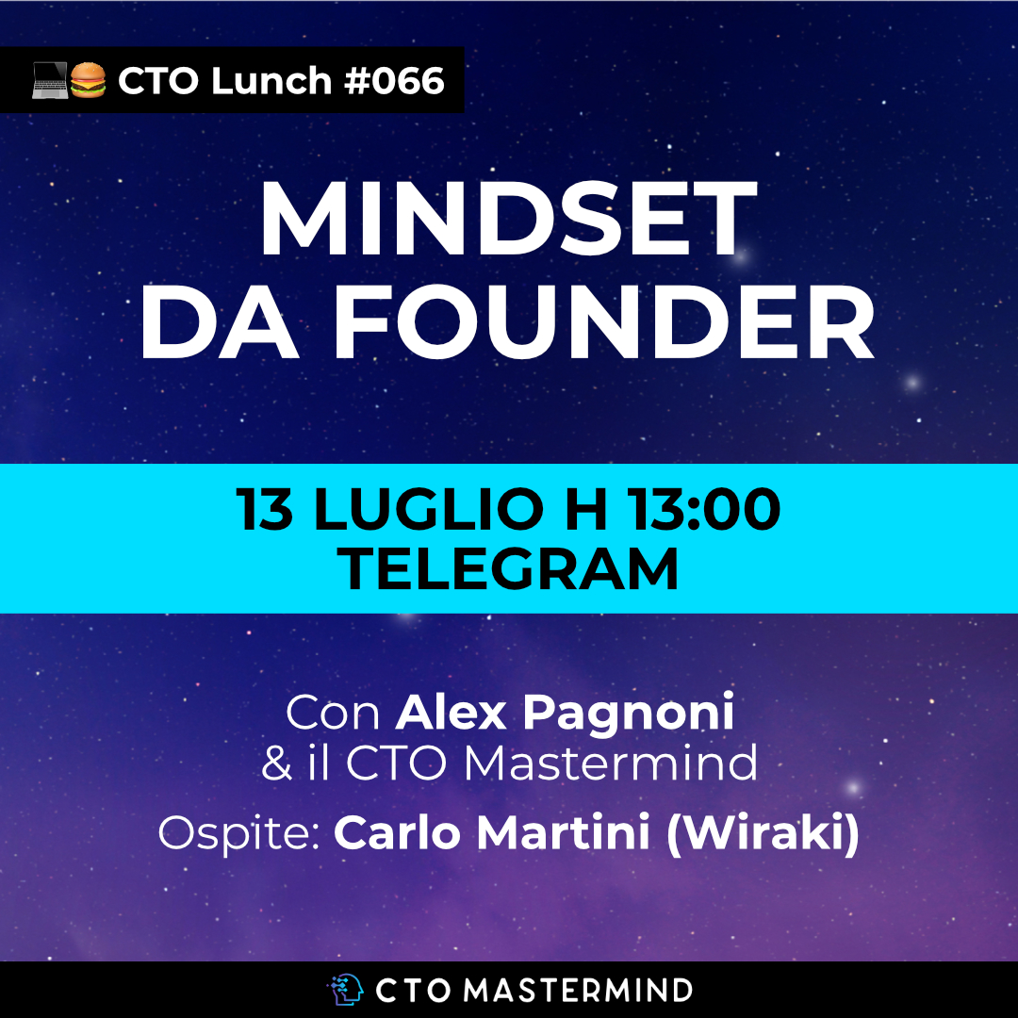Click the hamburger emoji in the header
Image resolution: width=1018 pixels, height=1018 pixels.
88,80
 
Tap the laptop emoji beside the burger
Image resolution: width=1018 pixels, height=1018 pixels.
50,80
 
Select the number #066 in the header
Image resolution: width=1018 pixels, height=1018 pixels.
395,80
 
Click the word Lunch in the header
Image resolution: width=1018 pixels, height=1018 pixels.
271,80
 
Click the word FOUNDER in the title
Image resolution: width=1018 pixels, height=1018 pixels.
604,322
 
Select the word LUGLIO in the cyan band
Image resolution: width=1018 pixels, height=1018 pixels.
429,509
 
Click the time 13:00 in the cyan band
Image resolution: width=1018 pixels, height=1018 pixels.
703,509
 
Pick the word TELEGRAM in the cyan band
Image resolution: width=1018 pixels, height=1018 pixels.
508,568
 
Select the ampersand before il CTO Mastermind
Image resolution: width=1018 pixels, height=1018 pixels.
276,763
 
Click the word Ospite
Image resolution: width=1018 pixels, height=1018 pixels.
239,833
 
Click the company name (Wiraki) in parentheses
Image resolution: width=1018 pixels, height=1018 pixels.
763,833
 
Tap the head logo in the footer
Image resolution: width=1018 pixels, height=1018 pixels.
345,990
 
